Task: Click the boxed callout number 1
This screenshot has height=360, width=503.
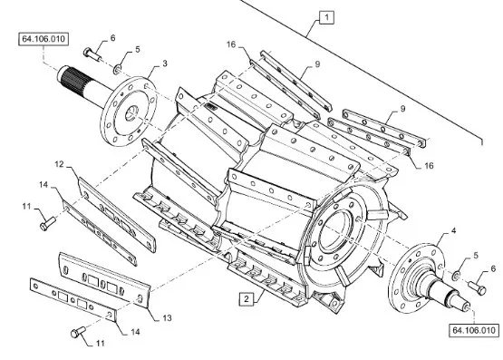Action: point(326,17)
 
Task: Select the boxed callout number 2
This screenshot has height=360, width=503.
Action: point(247,299)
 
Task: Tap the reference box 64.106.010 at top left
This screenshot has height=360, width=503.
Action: point(44,39)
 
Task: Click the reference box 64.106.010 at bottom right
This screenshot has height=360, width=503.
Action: point(474,330)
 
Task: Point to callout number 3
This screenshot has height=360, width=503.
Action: point(165,63)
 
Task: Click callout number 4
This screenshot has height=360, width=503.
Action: point(453,230)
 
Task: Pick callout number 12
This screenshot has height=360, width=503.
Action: point(59,164)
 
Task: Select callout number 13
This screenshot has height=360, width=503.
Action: point(167,318)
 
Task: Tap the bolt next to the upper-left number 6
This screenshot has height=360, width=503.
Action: point(92,54)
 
